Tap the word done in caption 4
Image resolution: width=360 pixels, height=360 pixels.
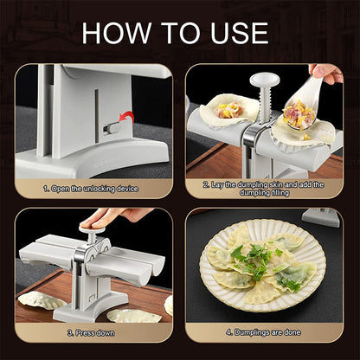click(x=292, y=331)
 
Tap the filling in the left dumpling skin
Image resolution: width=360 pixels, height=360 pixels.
click(x=226, y=110)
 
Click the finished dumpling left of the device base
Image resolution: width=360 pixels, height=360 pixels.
click(x=42, y=299)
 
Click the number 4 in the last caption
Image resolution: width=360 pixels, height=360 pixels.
click(x=228, y=331)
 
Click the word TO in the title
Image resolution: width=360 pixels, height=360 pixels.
click(x=178, y=34)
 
